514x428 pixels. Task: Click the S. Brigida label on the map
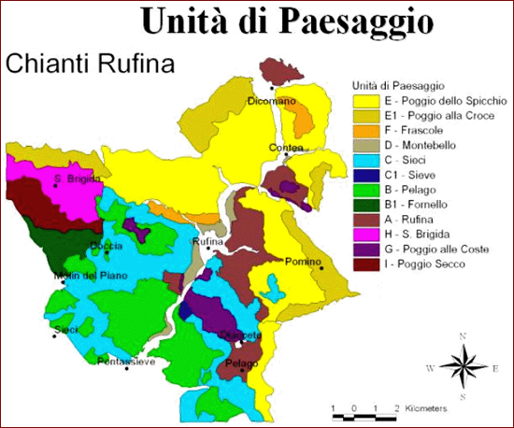(x=77, y=178)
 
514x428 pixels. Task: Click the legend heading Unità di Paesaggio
(x=392, y=82)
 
